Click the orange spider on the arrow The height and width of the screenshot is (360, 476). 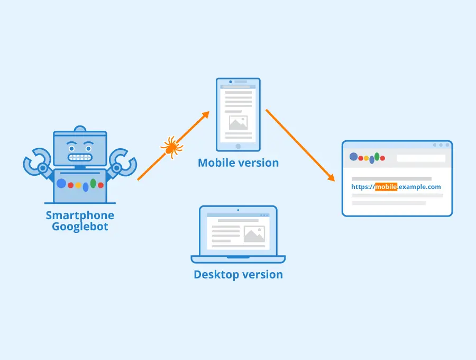tap(172, 147)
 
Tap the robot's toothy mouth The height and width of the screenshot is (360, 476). tap(80, 157)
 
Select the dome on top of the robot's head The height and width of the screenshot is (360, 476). tap(80, 129)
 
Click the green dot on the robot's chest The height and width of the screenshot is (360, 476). tap(93, 183)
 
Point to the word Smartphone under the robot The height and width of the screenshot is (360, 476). tap(80, 215)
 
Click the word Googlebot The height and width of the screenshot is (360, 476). tap(80, 227)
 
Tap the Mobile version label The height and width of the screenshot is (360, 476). tap(239, 163)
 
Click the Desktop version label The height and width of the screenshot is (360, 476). tap(239, 275)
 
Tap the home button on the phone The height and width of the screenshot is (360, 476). tap(239, 147)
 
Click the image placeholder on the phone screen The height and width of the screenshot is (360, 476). tap(239, 123)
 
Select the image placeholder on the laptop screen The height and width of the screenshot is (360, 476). tap(254, 234)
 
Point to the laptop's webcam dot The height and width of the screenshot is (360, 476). tap(239, 210)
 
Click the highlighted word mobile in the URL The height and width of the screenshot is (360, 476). tap(386, 186)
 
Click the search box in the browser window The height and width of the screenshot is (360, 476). tap(421, 158)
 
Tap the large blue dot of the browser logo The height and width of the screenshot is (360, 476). tap(354, 157)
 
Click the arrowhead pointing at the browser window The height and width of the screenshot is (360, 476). tap(331, 177)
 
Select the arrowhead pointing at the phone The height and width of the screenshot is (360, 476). tap(206, 115)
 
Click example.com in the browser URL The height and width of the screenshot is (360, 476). tap(419, 187)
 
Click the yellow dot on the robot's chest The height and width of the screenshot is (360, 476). tap(78, 185)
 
